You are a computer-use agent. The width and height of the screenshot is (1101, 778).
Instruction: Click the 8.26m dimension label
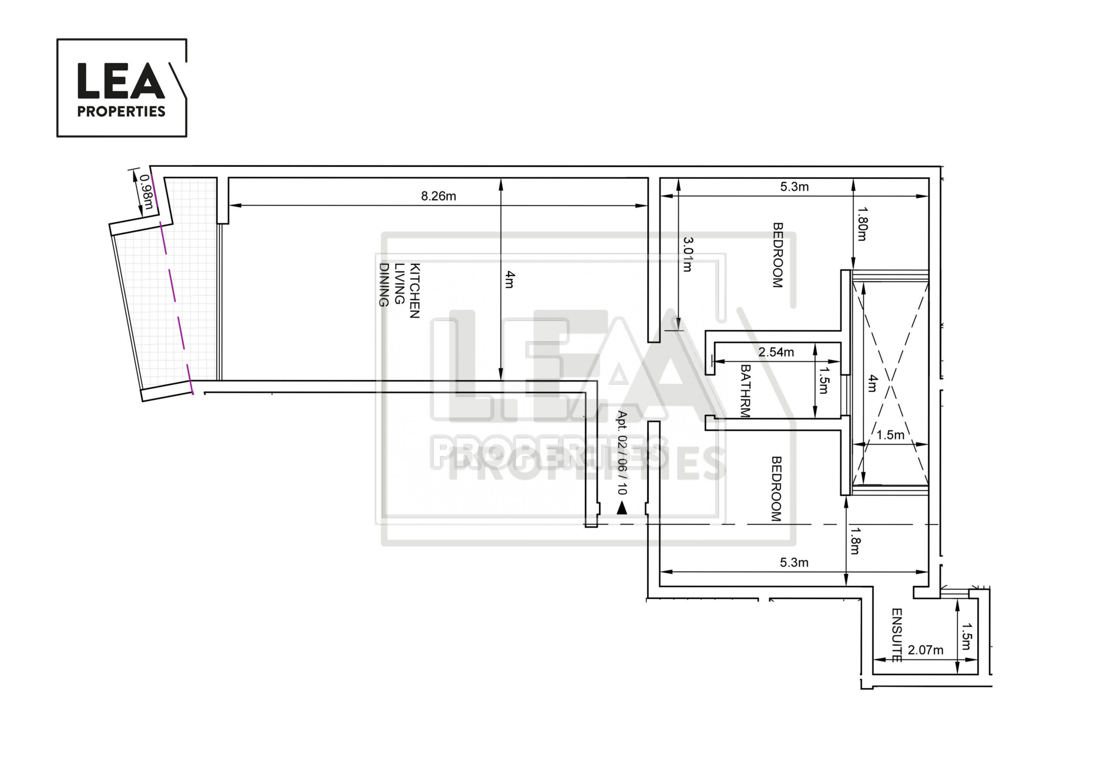pos(438,196)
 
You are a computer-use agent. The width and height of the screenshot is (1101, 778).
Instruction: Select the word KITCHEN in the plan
pos(415,291)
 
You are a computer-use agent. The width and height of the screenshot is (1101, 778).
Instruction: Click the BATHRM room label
pos(745,391)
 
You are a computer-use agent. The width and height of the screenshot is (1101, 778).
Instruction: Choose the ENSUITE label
pos(897,635)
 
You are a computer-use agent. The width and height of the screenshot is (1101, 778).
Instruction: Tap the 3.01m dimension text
pos(688,254)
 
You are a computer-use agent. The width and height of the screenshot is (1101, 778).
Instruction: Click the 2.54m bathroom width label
pos(776,352)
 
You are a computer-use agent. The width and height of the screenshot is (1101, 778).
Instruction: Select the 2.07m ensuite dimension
pos(926,650)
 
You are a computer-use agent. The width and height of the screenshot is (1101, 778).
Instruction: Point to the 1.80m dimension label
pos(862,224)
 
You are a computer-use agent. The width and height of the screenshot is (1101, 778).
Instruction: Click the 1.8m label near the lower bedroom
pos(855,541)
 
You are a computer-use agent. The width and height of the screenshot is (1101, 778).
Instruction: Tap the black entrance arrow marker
pos(622,508)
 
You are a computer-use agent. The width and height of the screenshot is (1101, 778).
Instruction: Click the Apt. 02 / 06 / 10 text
pos(622,453)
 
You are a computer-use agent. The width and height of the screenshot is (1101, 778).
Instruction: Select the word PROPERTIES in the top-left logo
pos(121,112)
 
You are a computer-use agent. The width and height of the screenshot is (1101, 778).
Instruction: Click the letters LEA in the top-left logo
pos(121,80)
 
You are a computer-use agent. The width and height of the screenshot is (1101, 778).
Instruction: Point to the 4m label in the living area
pos(510,279)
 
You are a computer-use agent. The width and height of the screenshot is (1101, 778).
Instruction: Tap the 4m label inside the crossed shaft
pos(873,383)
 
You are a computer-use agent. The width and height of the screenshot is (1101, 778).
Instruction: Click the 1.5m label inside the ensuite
pos(967,636)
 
